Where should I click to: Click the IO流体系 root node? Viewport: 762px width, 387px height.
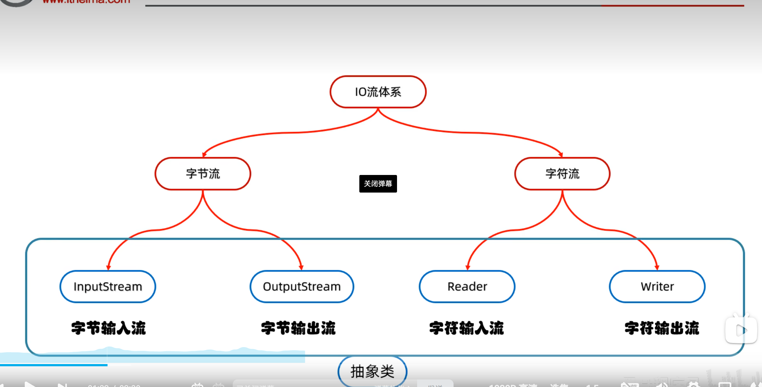pyautogui.click(x=378, y=92)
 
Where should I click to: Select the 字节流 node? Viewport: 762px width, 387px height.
pyautogui.click(x=203, y=174)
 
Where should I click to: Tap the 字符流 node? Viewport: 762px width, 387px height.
pyautogui.click(x=562, y=174)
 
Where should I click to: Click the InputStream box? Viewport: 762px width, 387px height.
pyautogui.click(x=108, y=286)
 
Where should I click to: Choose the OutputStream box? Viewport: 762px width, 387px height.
pyautogui.click(x=302, y=286)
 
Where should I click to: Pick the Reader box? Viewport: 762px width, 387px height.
pyautogui.click(x=467, y=286)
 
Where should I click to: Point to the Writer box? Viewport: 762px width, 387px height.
pyautogui.click(x=657, y=286)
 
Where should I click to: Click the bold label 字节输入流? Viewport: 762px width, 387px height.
pyautogui.click(x=108, y=328)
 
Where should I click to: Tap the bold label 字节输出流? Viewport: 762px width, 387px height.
pyautogui.click(x=298, y=328)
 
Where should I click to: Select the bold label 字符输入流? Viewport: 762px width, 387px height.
pyautogui.click(x=466, y=328)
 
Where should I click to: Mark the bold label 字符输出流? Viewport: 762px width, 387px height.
pyautogui.click(x=662, y=328)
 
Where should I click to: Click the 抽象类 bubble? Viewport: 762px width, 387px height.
pyautogui.click(x=373, y=371)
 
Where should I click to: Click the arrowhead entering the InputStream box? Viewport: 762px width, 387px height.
pyautogui.click(x=108, y=267)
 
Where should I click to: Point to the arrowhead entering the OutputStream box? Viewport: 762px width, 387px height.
pyautogui.click(x=301, y=267)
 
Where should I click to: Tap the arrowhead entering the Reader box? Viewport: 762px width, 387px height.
pyautogui.click(x=468, y=267)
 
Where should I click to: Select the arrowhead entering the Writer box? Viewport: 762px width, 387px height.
pyautogui.click(x=657, y=267)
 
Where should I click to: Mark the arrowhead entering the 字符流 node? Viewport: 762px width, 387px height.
pyautogui.click(x=561, y=155)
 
